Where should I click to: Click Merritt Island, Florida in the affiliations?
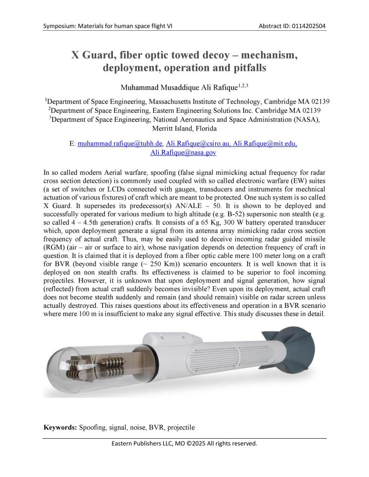click(184, 128)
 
